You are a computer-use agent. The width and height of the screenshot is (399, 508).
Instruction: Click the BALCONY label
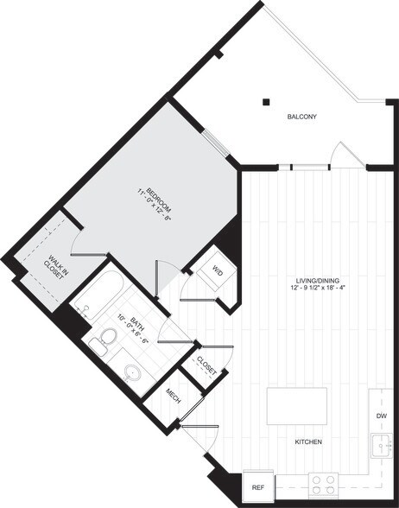pyautogui.click(x=301, y=117)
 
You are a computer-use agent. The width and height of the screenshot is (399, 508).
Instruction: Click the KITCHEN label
pyautogui.click(x=308, y=442)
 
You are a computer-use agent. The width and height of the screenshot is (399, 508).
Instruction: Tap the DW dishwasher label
pyautogui.click(x=382, y=415)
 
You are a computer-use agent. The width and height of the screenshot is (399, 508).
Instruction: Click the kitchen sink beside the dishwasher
pyautogui.click(x=382, y=446)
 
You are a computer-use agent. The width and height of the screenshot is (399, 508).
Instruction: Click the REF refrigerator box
pyautogui.click(x=257, y=488)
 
